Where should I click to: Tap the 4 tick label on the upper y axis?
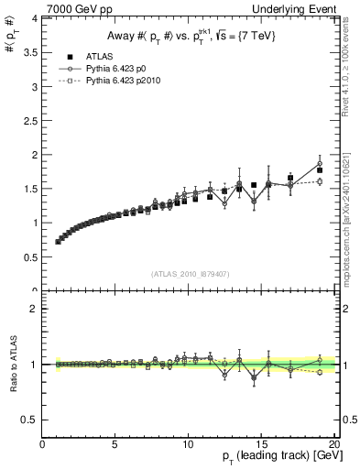(33, 18)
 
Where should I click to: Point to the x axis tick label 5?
(115, 446)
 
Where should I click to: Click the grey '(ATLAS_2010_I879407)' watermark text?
(190, 274)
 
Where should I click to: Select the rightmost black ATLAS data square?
(320, 170)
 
